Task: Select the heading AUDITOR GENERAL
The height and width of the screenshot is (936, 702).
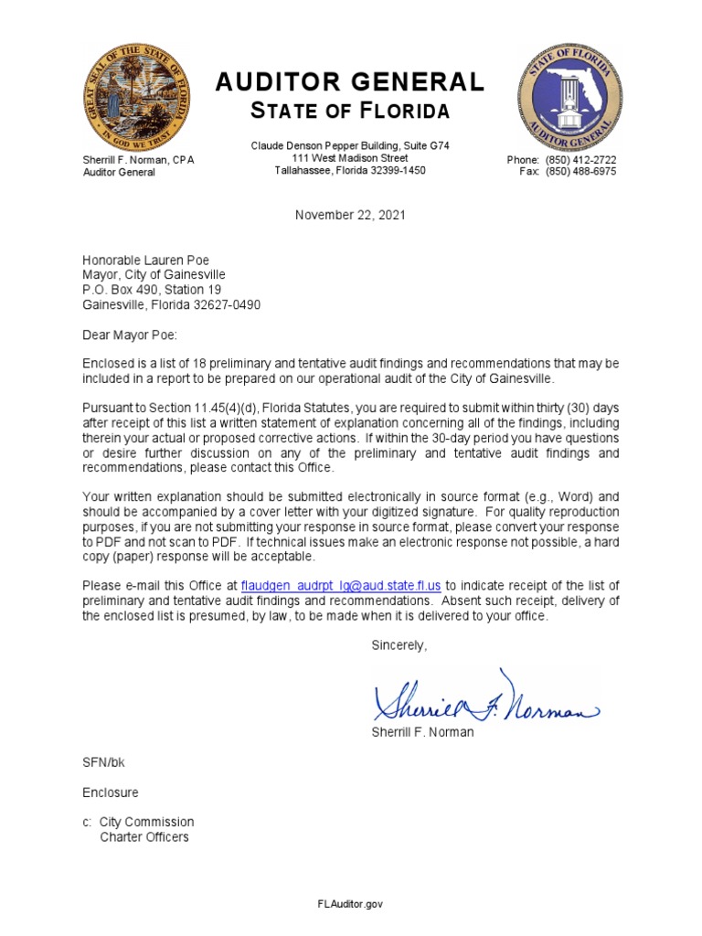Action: (350, 83)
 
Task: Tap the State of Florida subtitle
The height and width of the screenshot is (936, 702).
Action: (350, 112)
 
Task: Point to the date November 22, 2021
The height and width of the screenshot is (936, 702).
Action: (350, 215)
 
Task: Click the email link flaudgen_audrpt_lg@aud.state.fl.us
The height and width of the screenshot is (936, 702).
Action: (341, 585)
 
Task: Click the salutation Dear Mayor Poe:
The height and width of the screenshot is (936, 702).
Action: (131, 335)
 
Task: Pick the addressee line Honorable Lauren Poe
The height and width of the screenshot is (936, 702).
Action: (146, 260)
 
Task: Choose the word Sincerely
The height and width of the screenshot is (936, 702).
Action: (399, 645)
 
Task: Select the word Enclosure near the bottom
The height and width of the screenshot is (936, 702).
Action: (111, 792)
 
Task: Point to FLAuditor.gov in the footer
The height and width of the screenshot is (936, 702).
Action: (350, 904)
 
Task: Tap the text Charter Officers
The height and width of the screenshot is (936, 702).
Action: (144, 836)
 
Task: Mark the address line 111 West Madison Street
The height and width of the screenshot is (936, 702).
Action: (350, 158)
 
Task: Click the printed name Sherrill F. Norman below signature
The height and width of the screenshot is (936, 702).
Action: (422, 733)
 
